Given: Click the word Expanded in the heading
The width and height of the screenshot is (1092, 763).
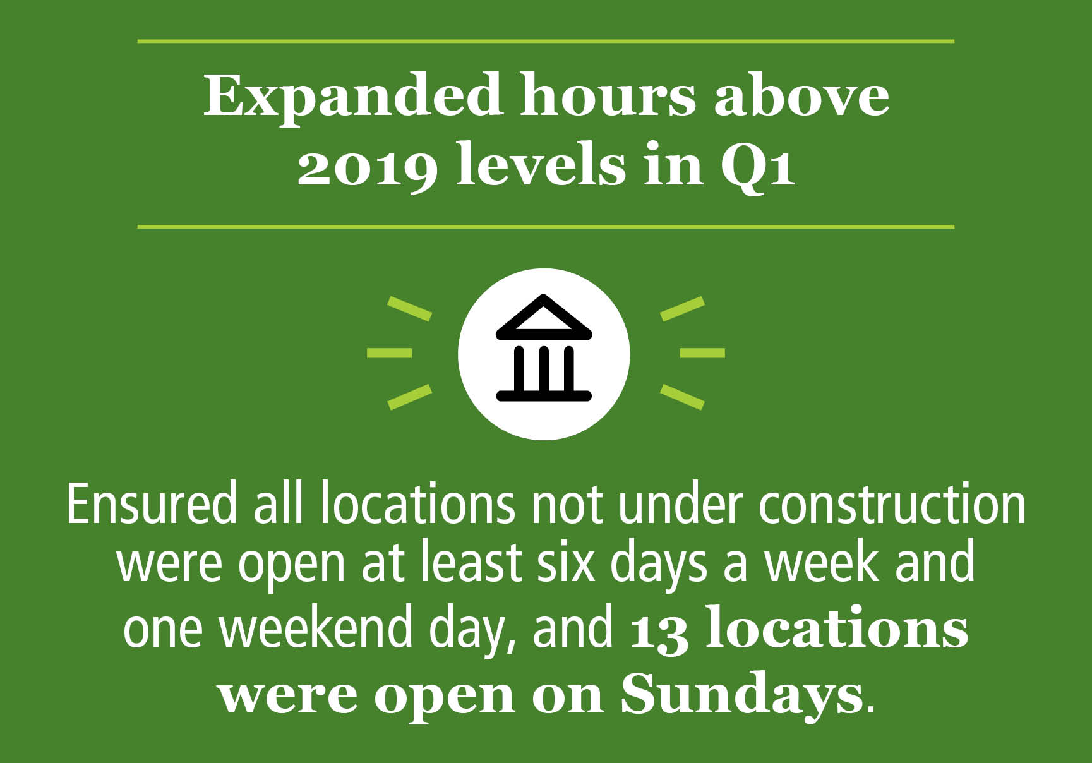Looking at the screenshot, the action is pyautogui.click(x=352, y=97).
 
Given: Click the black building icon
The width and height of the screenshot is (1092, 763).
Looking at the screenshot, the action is pyautogui.click(x=544, y=347).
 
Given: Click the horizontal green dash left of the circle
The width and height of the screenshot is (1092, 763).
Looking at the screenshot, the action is pyautogui.click(x=390, y=353).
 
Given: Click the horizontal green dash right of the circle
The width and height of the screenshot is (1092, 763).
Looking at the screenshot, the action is pyautogui.click(x=702, y=353).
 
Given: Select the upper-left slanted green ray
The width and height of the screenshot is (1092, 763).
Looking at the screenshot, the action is pyautogui.click(x=409, y=308).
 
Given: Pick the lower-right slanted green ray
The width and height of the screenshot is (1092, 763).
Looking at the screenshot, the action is pyautogui.click(x=682, y=397).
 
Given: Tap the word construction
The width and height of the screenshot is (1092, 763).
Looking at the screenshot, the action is pyautogui.click(x=892, y=505).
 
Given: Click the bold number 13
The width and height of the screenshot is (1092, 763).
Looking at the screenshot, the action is pyautogui.click(x=659, y=630).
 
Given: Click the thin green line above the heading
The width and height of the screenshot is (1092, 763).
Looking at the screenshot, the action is pyautogui.click(x=546, y=41).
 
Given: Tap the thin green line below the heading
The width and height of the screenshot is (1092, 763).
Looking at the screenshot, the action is pyautogui.click(x=546, y=226).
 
